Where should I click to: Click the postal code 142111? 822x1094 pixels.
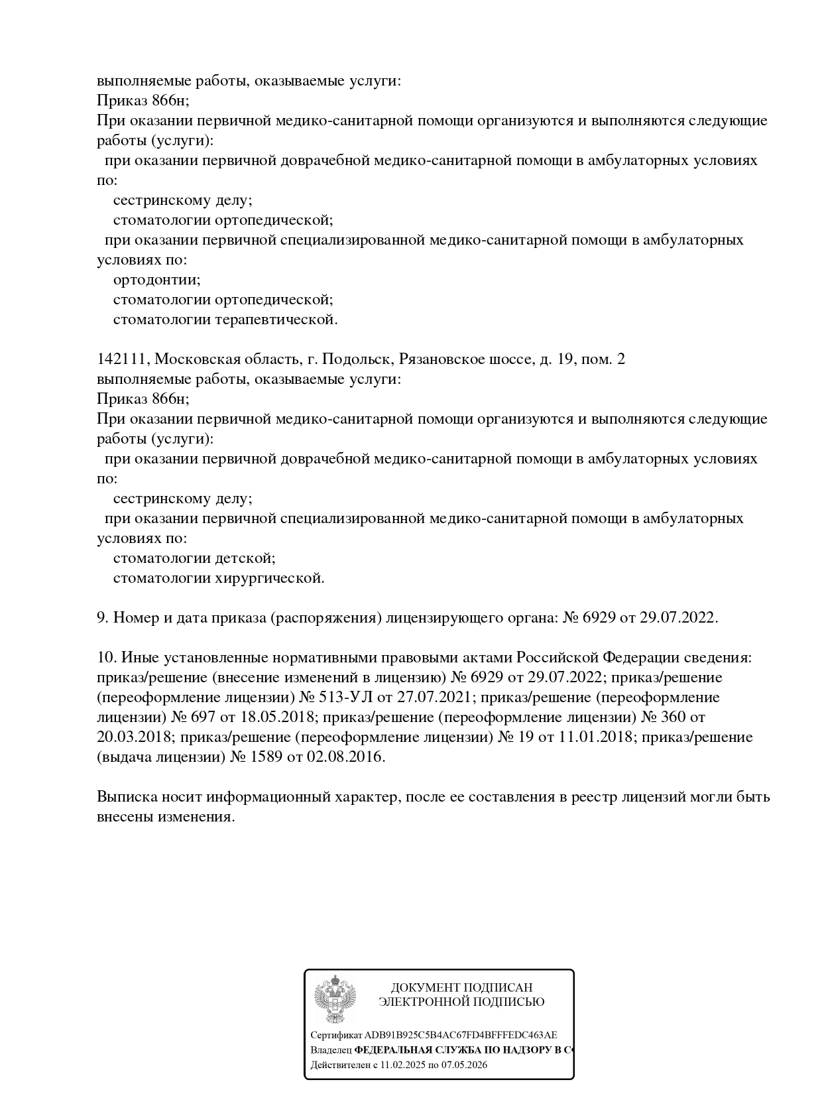(123, 359)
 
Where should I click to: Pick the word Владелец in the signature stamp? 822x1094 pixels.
(331, 1050)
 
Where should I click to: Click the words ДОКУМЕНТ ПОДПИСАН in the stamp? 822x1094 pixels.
(461, 988)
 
